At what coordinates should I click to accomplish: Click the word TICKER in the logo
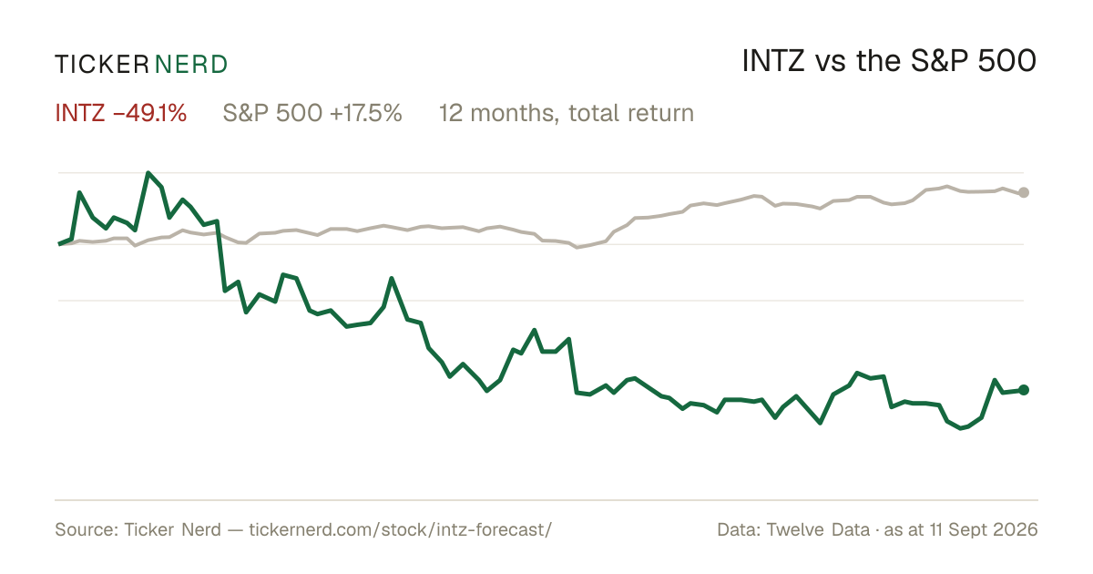coord(102,65)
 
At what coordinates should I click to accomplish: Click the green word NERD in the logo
coord(191,65)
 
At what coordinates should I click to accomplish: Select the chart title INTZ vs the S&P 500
coord(889,62)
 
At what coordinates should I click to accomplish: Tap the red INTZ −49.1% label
coord(121,113)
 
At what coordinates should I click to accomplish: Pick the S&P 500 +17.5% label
coord(312,113)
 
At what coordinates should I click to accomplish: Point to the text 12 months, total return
coord(566,113)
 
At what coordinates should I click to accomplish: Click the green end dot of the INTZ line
coord(1024,390)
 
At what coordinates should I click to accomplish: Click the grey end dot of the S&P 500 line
coord(1024,192)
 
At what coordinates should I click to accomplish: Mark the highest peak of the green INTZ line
coord(148,173)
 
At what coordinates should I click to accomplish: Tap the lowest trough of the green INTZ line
coord(961,428)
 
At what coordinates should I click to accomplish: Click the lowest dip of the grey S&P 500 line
coord(577,248)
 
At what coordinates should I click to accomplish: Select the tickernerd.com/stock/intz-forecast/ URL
coord(401,529)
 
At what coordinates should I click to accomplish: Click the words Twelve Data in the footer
coord(818,529)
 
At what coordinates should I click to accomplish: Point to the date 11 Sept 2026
coord(984,529)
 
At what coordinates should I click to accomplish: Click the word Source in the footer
coord(84,529)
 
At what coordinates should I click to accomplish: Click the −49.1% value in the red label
coord(149,113)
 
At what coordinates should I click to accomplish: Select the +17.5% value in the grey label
coord(366,113)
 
